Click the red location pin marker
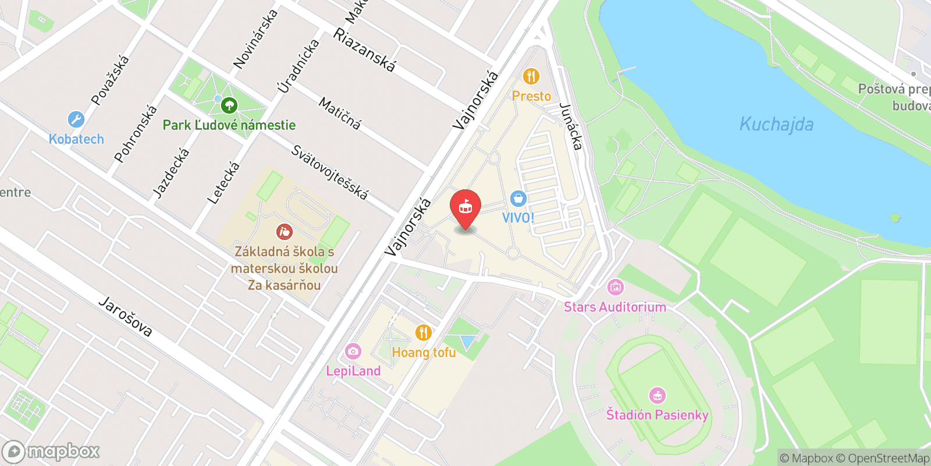[465, 208]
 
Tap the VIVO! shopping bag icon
[518, 199]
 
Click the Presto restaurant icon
[531, 76]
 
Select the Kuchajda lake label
[776, 124]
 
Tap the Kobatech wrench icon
[76, 119]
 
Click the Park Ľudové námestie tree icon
[229, 105]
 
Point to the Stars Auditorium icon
[615, 287]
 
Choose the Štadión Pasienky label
[657, 415]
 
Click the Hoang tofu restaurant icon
[424, 333]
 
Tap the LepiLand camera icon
[353, 351]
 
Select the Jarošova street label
[126, 317]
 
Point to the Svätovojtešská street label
[329, 172]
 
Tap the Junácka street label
[571, 126]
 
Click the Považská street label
[110, 80]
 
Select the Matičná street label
[340, 113]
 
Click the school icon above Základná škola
[284, 232]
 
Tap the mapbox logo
[51, 451]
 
